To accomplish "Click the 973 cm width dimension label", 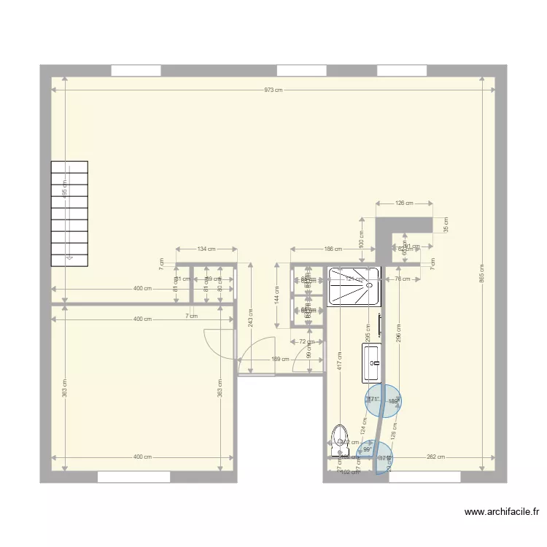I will (273, 90).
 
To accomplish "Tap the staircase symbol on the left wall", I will (69, 213).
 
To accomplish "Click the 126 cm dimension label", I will (404, 203).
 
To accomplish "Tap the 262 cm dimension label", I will (436, 457).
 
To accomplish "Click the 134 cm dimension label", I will (206, 249).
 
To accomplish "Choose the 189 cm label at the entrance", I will (276, 359).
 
